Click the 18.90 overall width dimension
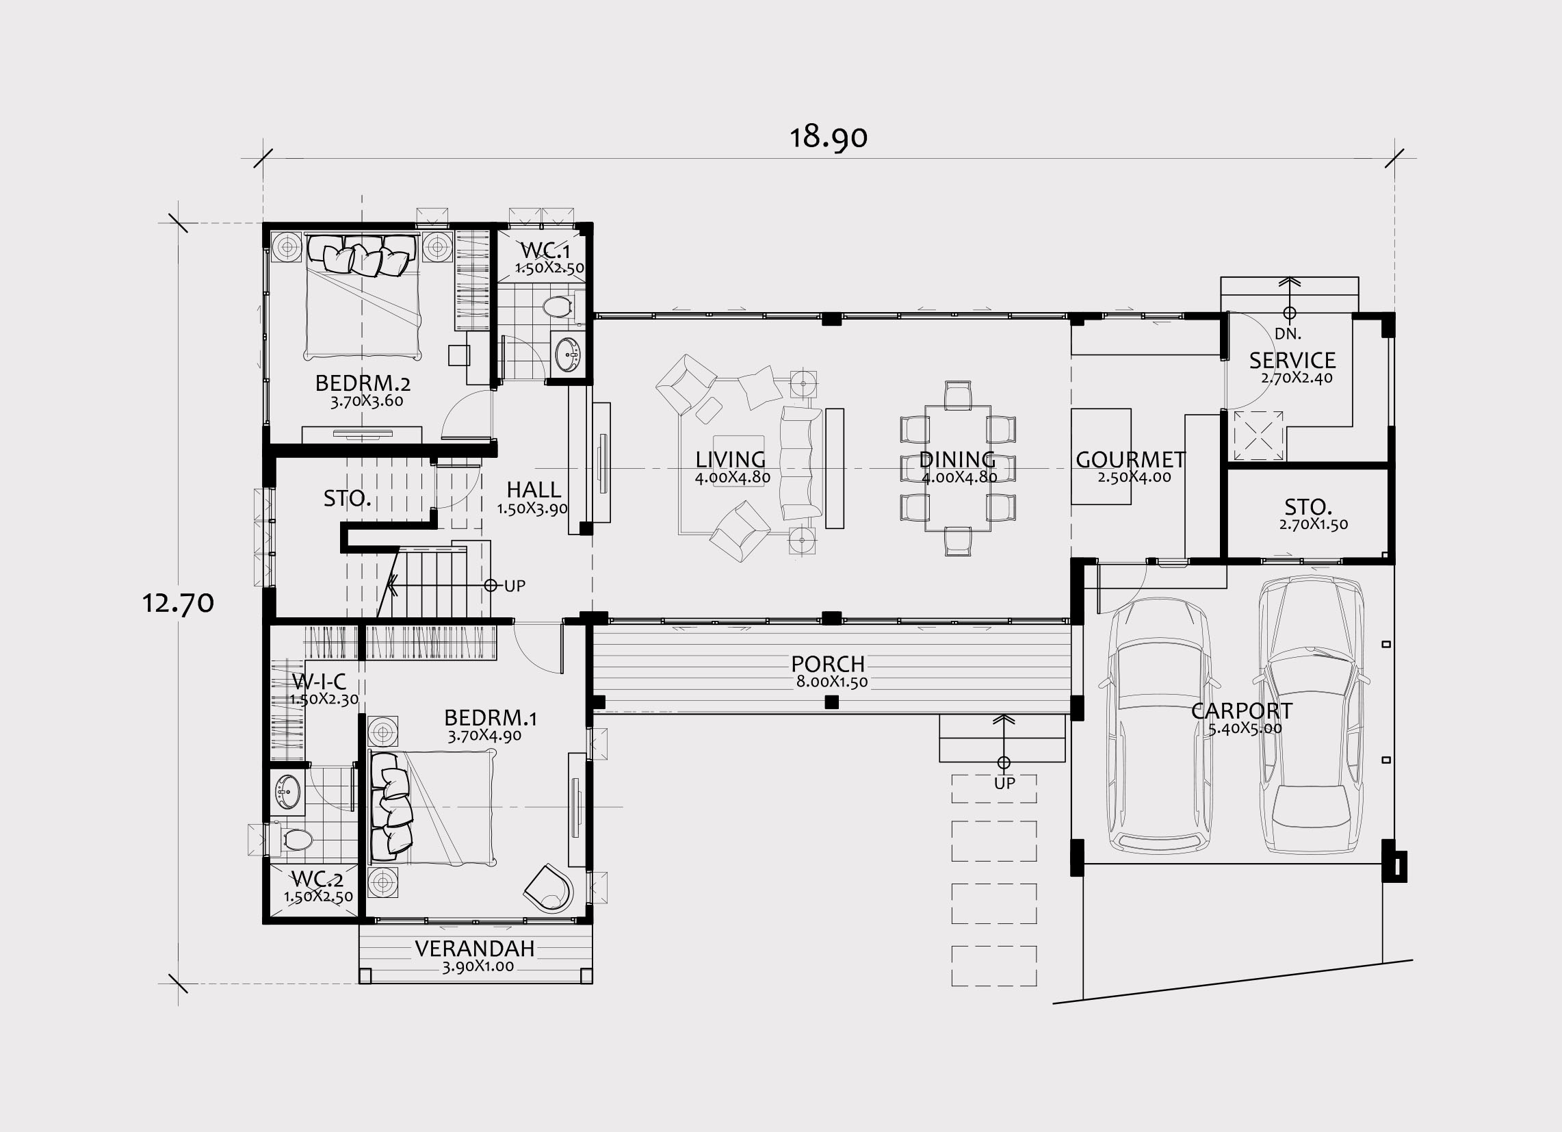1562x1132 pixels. coord(828,137)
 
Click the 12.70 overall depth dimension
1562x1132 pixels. coord(178,603)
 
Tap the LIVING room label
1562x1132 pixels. coord(731,459)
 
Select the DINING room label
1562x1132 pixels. coord(957,459)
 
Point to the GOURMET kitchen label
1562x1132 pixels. coord(1131,459)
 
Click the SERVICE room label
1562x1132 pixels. coord(1292,361)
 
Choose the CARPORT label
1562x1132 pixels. coord(1242,710)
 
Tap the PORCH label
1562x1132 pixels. coord(828,664)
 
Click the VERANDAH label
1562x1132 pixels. coord(475,949)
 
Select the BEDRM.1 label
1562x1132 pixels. coord(491,718)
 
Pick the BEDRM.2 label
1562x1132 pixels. coord(363,383)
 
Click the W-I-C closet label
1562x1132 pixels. coord(319,682)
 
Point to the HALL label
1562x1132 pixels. coord(534,490)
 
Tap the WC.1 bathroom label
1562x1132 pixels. coord(545,249)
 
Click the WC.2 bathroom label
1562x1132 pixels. coord(317,879)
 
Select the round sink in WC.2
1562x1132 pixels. coord(288,791)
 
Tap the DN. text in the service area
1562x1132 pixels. coord(1288,335)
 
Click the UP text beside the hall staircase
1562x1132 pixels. coord(515,586)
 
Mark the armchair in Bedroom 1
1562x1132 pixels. coord(548,888)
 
